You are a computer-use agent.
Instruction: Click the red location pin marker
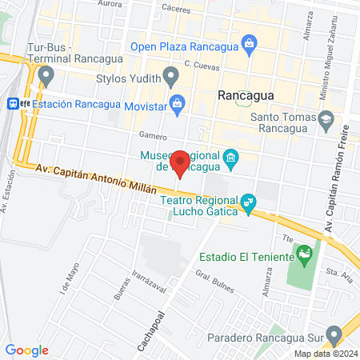[x=181, y=162]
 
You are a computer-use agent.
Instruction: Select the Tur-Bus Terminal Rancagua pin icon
[x=46, y=77]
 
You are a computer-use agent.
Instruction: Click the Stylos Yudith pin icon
[x=170, y=77]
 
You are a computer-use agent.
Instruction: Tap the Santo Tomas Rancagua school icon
[x=326, y=121]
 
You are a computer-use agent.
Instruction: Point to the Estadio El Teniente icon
[x=303, y=257]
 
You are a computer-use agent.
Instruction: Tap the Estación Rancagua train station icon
[x=14, y=103]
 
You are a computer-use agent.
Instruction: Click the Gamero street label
[x=151, y=135]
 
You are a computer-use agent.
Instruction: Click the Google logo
[x=26, y=350]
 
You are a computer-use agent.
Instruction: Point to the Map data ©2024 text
[x=325, y=354]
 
